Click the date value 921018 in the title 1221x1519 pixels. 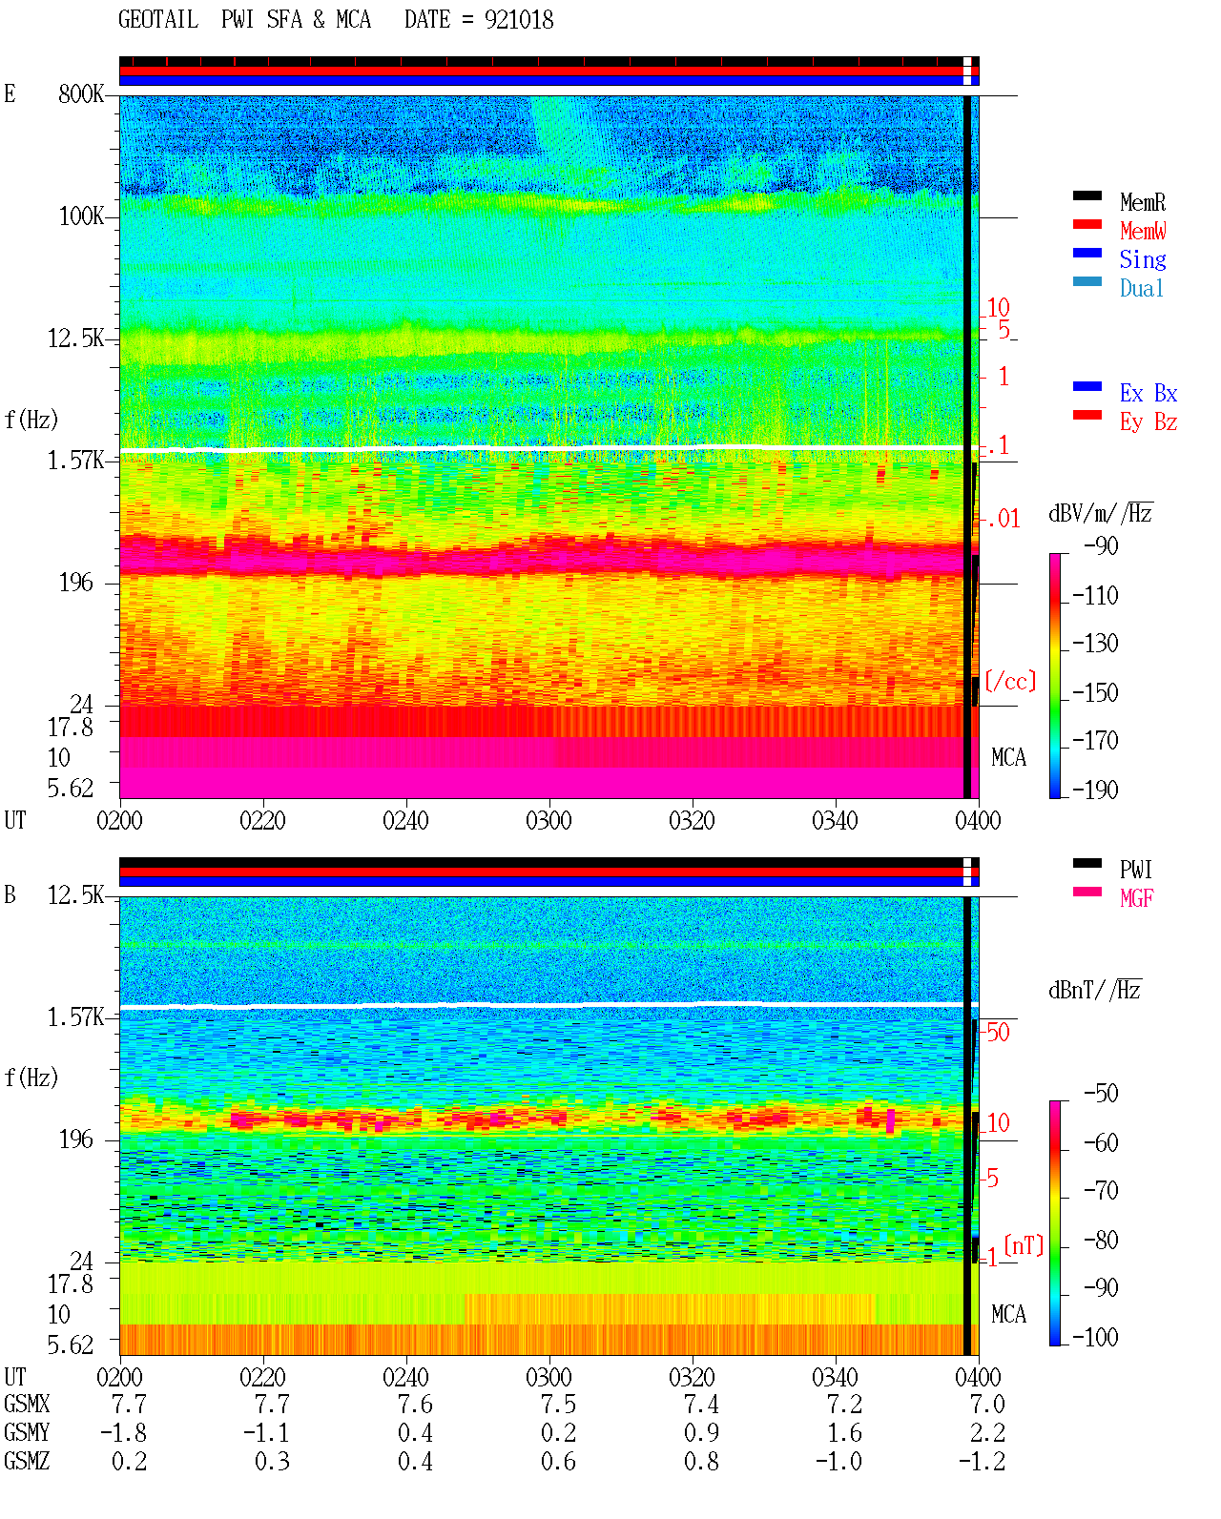[519, 20]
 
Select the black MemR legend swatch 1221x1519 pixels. [1086, 195]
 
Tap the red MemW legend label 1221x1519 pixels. [1143, 231]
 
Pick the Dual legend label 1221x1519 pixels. [1142, 288]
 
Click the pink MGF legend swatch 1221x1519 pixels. [1086, 892]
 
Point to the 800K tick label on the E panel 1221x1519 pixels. [80, 93]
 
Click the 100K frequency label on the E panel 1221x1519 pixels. [80, 216]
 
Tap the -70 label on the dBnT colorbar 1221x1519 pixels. [1101, 1191]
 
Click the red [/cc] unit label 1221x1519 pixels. [1010, 681]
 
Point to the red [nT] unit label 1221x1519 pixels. [1024, 1244]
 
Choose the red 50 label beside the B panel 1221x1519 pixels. [998, 1032]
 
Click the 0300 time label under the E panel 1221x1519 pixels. [548, 820]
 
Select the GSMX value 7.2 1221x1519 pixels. [844, 1404]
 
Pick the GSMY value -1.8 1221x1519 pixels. [124, 1432]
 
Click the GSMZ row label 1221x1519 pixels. [27, 1461]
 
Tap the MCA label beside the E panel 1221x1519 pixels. [1008, 757]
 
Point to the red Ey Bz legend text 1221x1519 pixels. [1149, 421]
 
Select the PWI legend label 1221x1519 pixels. [1136, 869]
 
